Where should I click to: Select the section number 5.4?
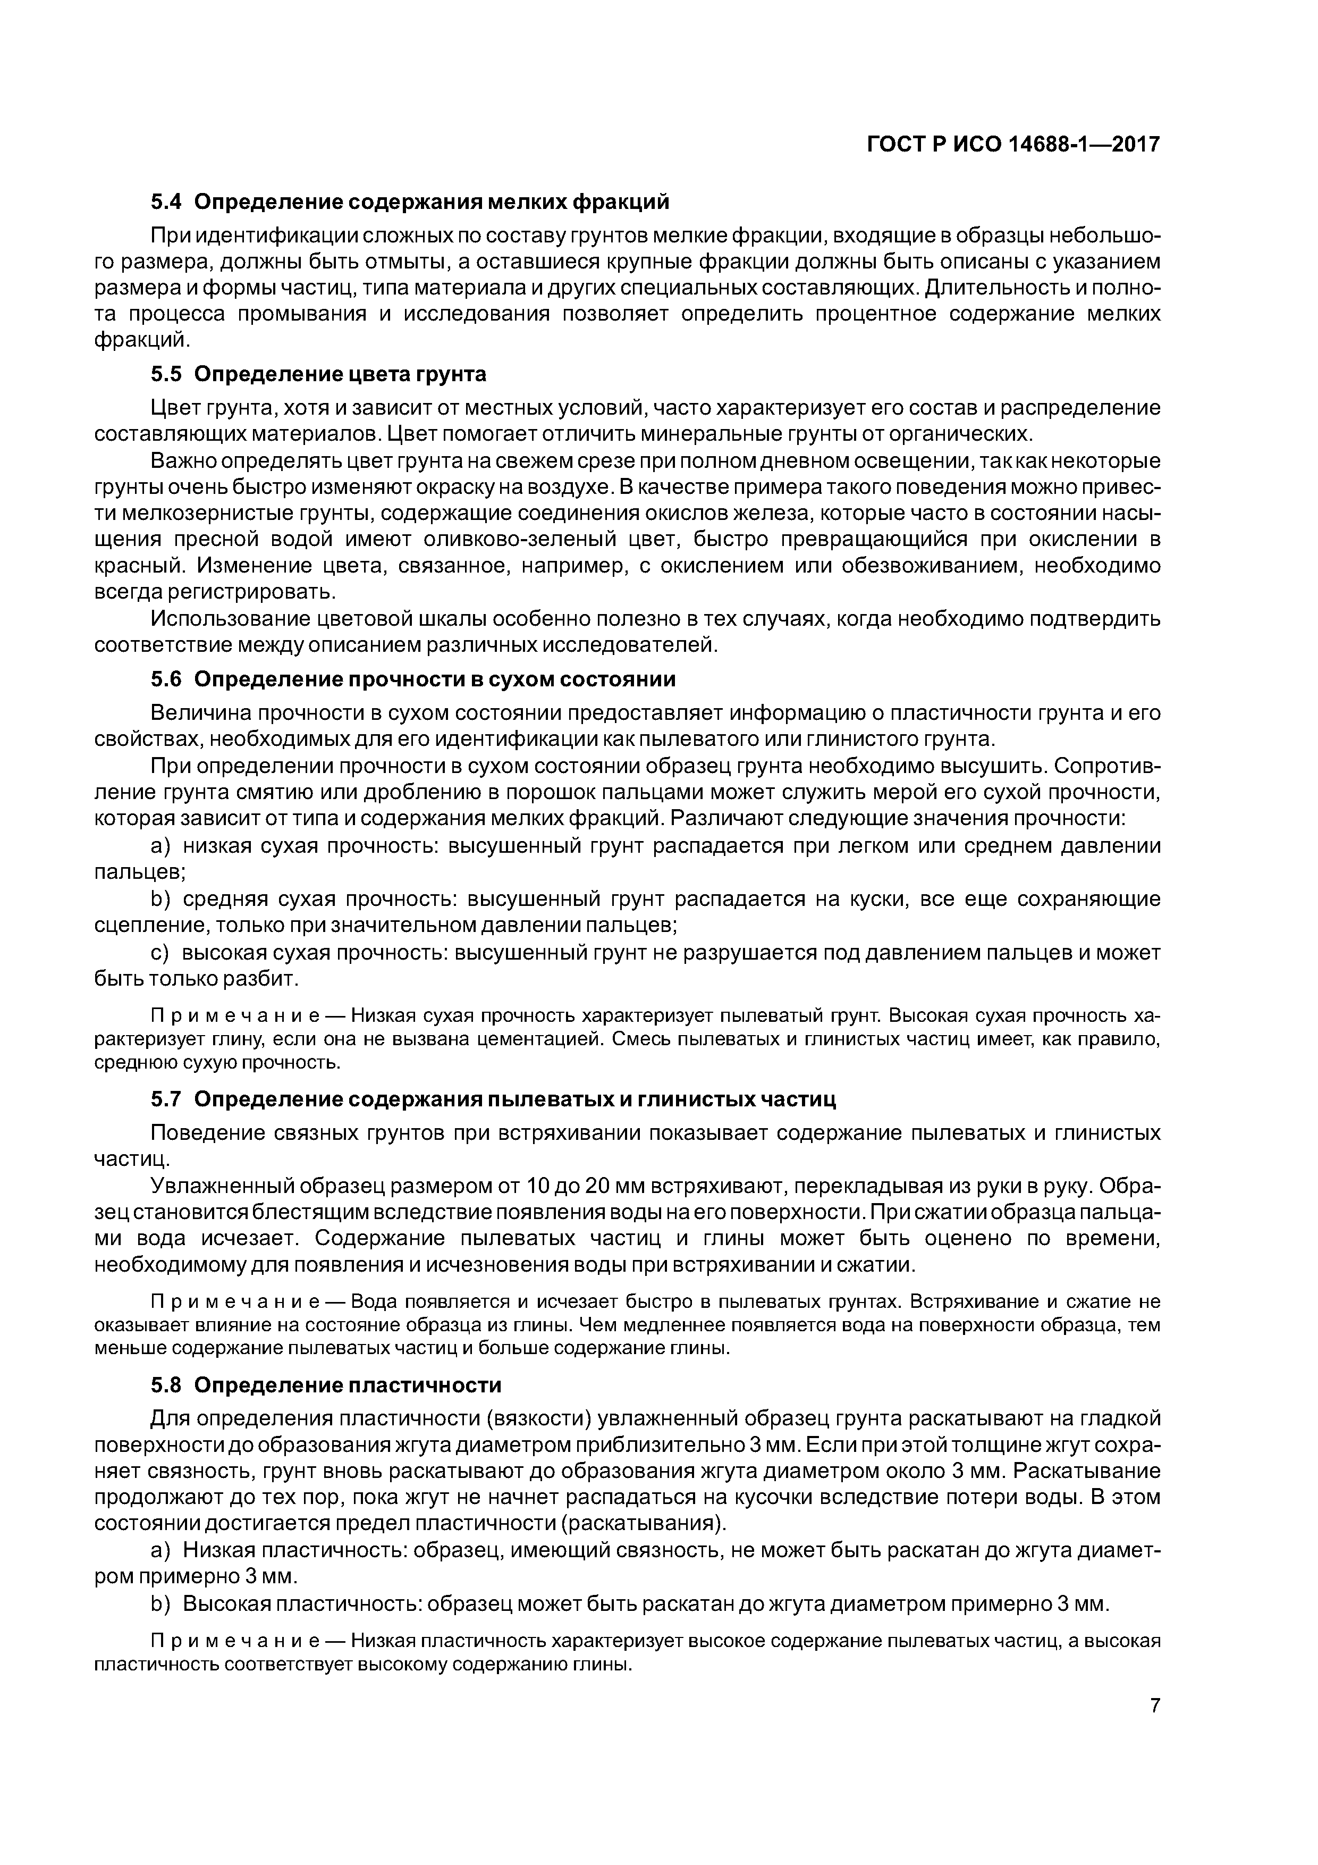pyautogui.click(x=167, y=200)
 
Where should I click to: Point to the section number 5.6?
pyautogui.click(x=167, y=678)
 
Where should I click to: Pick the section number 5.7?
pyautogui.click(x=167, y=1099)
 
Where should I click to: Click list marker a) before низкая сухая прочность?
pyautogui.click(x=162, y=846)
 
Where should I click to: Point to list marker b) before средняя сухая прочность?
pyautogui.click(x=162, y=899)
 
